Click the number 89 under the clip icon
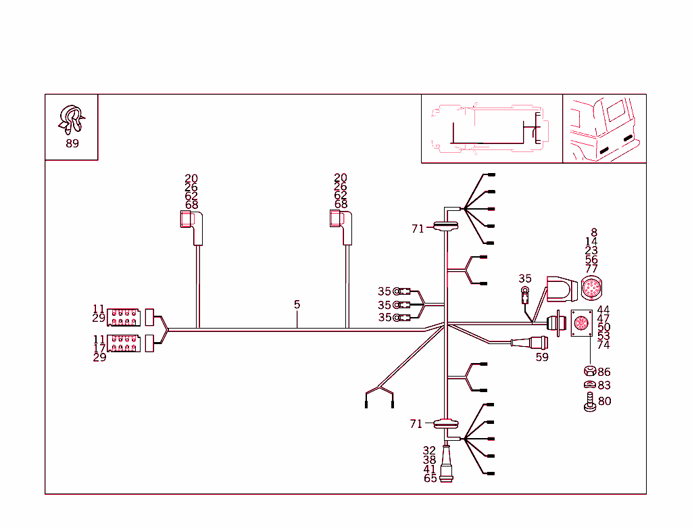72,143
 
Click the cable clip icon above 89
70,120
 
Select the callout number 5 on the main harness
297,305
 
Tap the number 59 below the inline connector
542,357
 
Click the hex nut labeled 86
589,371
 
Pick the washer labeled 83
589,385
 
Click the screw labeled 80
589,402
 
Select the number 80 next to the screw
605,401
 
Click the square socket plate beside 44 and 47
581,325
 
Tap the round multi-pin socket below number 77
591,289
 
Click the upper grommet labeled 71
445,227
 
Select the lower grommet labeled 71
445,424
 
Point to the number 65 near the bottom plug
430,478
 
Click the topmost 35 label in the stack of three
385,291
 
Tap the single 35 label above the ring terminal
525,279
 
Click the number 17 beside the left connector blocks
99,348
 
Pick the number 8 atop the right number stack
594,233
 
